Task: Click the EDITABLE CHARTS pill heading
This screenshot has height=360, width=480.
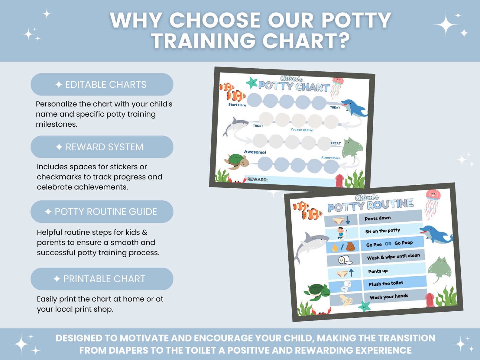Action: (102, 85)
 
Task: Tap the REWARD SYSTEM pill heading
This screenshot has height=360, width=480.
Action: (102, 147)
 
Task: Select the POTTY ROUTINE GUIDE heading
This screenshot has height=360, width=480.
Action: (102, 212)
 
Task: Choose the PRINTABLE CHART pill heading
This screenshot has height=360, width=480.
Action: (102, 279)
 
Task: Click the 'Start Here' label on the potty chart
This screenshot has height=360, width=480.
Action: (237, 105)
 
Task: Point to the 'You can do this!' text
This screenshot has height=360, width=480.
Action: (302, 130)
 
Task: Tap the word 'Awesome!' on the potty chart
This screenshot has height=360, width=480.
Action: (255, 152)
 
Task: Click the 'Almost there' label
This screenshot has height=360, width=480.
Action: (331, 158)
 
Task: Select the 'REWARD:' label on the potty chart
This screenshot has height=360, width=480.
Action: (258, 179)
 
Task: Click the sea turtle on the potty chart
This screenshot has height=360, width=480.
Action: (237, 161)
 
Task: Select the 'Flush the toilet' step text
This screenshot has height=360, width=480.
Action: (386, 284)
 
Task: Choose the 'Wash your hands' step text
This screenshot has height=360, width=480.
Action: (389, 297)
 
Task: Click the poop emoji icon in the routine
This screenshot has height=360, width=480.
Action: (351, 247)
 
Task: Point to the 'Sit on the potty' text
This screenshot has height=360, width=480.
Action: (383, 231)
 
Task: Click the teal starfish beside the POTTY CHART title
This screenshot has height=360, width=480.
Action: (252, 83)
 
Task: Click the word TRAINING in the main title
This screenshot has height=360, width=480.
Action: (203, 41)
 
